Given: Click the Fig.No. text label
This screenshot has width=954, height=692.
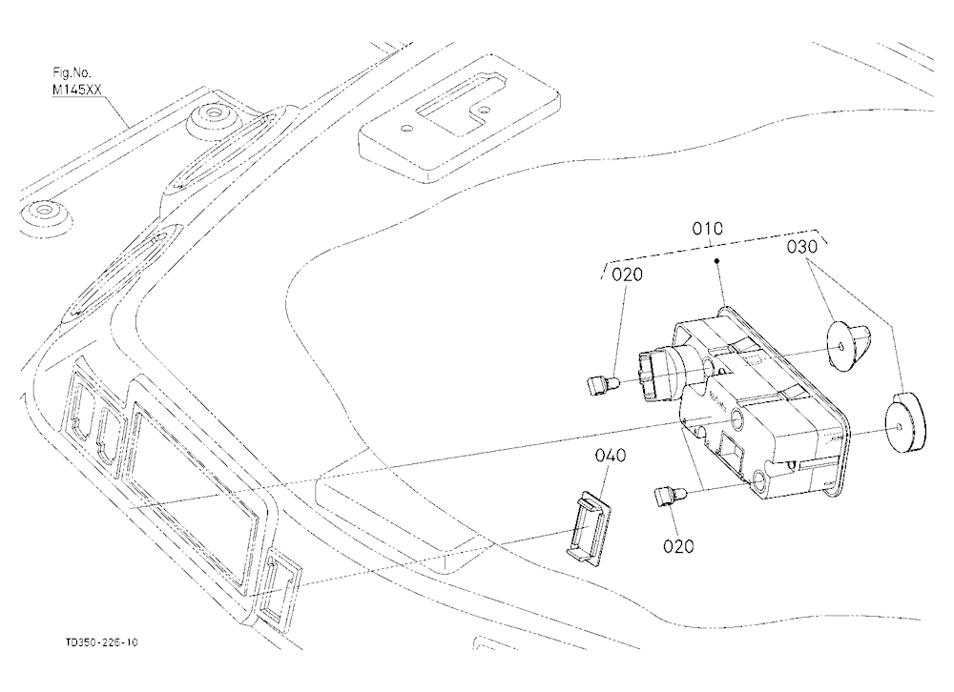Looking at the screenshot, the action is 72,73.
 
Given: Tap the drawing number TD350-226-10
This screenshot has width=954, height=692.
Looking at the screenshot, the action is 102,642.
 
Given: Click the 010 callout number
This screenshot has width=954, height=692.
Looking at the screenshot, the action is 708,229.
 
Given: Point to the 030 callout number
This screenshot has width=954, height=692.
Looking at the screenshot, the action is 802,247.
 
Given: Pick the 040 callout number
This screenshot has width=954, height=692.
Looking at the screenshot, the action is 611,456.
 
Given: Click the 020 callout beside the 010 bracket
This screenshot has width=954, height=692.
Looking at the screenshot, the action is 627,275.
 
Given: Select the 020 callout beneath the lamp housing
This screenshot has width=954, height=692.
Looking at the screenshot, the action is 678,546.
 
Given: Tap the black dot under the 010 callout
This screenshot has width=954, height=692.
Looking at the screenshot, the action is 717,261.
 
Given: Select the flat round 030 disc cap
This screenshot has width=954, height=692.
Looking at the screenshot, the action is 904,423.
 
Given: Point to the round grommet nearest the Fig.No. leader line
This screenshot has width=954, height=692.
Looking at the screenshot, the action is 212,121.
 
